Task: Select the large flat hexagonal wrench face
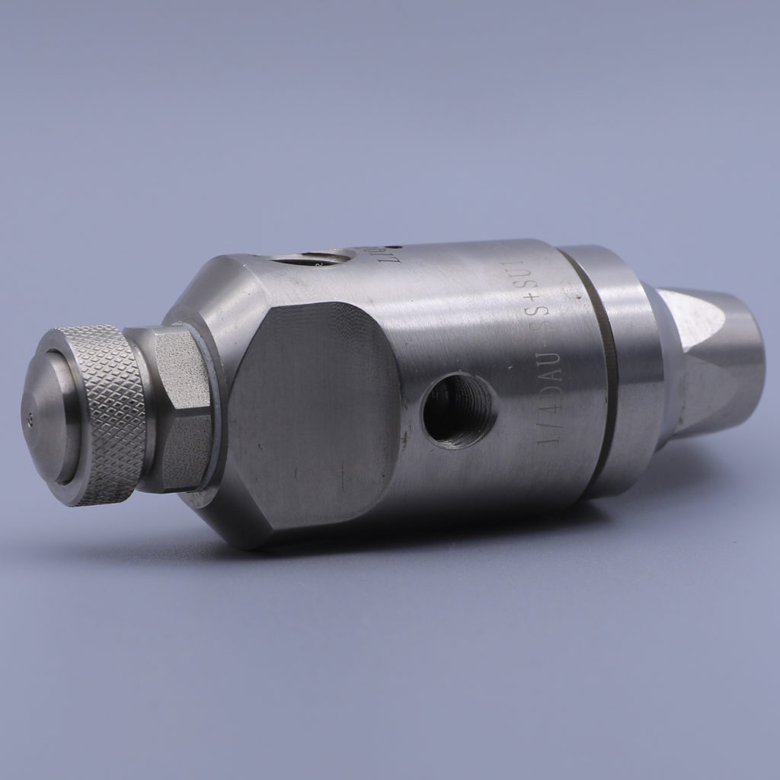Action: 316,423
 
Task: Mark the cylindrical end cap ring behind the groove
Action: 628,366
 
